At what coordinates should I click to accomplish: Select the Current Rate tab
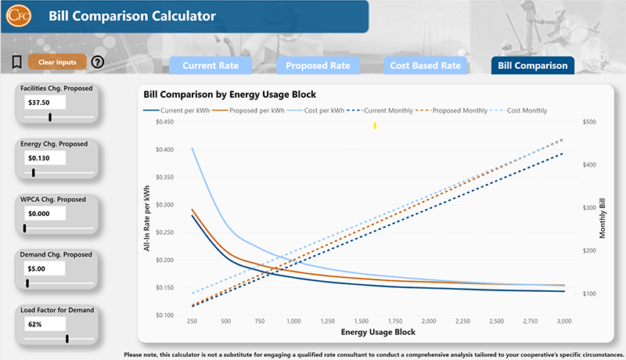210,66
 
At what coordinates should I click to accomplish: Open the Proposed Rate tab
317,66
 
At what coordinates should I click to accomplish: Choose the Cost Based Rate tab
425,66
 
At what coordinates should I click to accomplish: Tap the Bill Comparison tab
532,66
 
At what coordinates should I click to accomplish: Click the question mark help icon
98,63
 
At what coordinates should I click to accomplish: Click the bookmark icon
16,62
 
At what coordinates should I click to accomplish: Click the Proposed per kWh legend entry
246,110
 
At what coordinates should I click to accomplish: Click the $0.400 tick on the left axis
165,149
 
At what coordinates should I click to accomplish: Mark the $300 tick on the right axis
586,207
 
